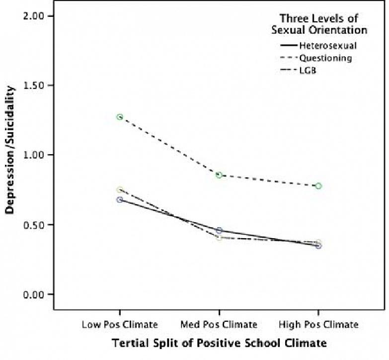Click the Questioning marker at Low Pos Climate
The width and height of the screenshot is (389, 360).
click(x=120, y=117)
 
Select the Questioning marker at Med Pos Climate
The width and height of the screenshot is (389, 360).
click(x=219, y=175)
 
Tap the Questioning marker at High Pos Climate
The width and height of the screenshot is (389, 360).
click(x=318, y=186)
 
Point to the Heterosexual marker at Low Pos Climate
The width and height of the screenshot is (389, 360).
click(x=120, y=199)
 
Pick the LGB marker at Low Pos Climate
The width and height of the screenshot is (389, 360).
click(x=120, y=189)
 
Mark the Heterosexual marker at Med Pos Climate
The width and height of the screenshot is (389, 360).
click(x=219, y=231)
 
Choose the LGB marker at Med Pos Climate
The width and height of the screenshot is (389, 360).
click(x=219, y=238)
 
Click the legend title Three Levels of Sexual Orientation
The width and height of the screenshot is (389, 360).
click(x=319, y=24)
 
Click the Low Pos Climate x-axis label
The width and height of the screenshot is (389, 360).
click(x=120, y=325)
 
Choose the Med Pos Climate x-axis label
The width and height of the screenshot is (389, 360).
click(x=219, y=325)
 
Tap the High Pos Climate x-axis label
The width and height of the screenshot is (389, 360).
click(x=318, y=325)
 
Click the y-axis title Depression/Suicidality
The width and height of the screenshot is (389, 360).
click(x=10, y=150)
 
